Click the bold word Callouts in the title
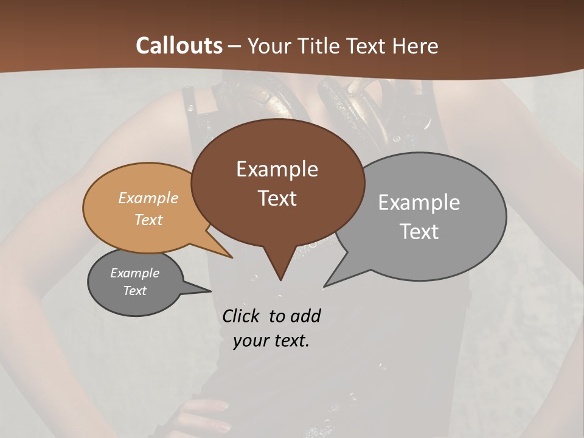[179, 46]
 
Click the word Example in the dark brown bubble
[277, 169]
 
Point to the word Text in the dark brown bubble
[277, 198]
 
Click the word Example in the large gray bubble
[419, 203]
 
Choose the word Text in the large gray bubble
[419, 232]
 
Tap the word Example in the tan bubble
[148, 198]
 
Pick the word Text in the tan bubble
[148, 220]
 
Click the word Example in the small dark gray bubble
[134, 273]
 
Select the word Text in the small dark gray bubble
[134, 291]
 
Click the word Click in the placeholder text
[242, 316]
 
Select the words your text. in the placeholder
[271, 341]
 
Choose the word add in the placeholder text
[306, 316]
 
